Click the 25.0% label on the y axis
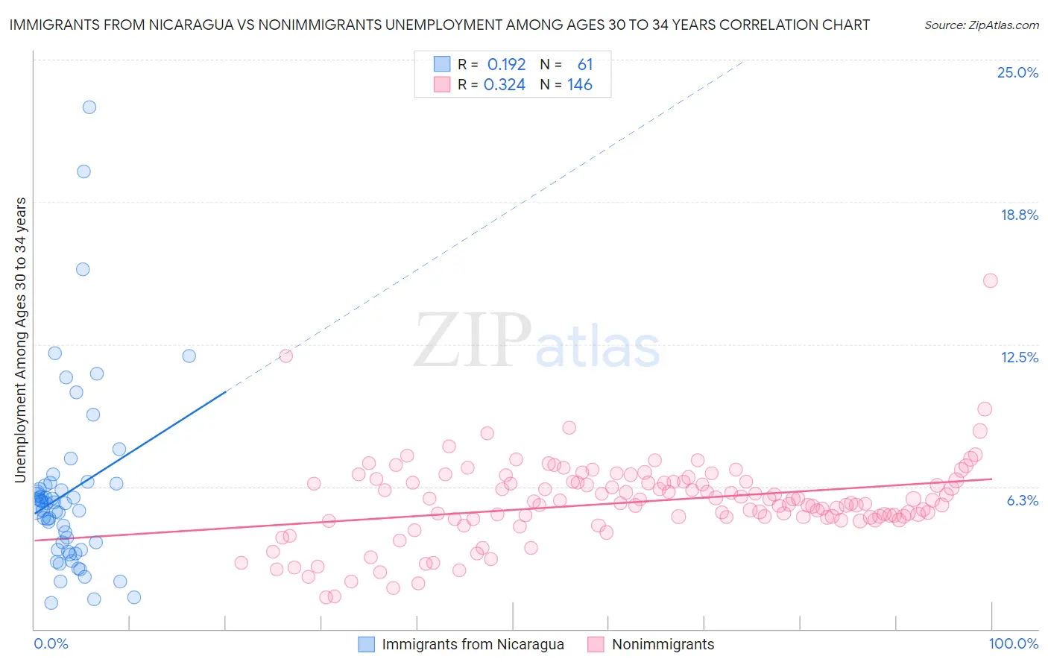coord(1017,72)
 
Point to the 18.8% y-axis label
coord(1019,215)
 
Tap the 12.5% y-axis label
coord(1019,357)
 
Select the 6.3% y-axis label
coord(1022,500)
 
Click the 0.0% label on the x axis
coord(51,643)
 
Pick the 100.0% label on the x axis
coord(1013,643)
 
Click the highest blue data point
coord(89,107)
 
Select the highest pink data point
coord(990,280)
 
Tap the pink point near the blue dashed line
coord(285,356)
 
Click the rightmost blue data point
coord(189,356)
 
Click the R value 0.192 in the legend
coord(506,65)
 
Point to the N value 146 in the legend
coord(579,85)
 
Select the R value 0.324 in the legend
coord(505,85)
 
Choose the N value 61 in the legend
coord(584,65)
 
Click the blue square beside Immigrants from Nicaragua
coord(367,644)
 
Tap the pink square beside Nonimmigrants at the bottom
coord(596,644)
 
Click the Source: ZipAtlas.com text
coord(981,25)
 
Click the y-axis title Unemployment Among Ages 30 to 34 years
coord(20,339)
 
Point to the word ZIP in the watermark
coord(473,341)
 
